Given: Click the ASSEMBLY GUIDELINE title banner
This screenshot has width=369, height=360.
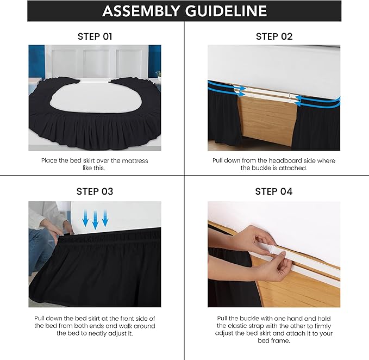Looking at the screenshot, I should [x=184, y=11].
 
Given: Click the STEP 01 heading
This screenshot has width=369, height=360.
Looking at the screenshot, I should [x=95, y=36].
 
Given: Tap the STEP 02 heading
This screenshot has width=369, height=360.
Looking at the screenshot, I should [x=274, y=36].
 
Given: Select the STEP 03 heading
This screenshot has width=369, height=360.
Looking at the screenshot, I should [x=95, y=191].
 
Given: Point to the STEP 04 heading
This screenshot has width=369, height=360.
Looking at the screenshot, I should [x=274, y=191].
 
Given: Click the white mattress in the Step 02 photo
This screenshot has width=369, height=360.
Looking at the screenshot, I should [x=274, y=65].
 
